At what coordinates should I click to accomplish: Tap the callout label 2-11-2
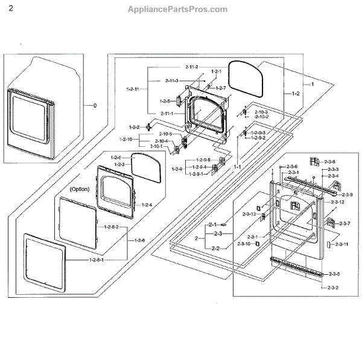(193, 66)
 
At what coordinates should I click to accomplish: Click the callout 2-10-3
(261, 112)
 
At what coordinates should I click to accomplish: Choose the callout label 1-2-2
(134, 127)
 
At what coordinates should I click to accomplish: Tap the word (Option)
(79, 188)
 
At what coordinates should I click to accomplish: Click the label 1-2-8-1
(95, 259)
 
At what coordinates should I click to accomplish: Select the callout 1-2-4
(147, 205)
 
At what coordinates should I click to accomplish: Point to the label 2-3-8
(329, 161)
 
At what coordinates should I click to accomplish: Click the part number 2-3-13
(249, 214)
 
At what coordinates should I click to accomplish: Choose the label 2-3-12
(337, 202)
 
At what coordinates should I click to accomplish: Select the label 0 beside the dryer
(94, 105)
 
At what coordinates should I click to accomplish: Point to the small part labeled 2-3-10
(257, 243)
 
